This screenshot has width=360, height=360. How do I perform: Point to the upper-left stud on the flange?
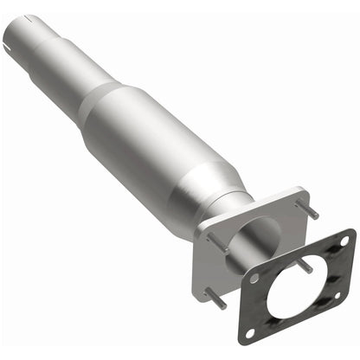216,242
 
